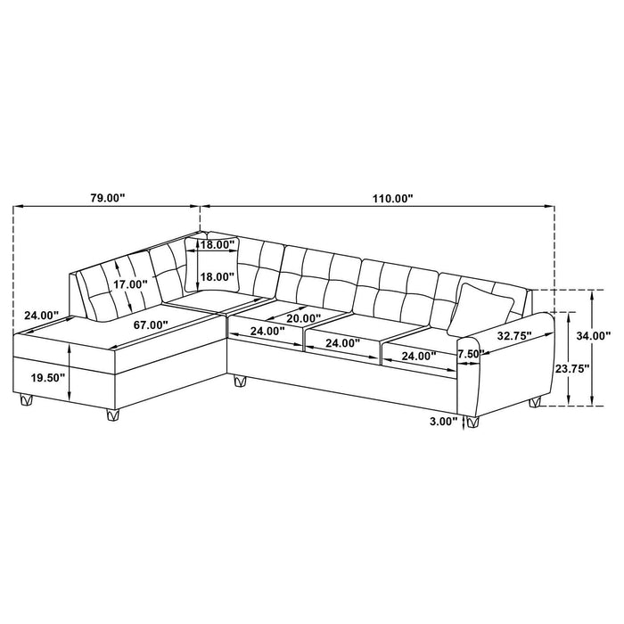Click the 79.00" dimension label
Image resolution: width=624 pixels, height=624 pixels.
click(109, 199)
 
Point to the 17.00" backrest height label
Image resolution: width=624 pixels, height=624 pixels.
click(130, 284)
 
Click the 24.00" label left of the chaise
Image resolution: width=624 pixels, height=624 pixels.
click(40, 316)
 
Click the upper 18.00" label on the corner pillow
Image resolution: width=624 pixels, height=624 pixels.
click(217, 244)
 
